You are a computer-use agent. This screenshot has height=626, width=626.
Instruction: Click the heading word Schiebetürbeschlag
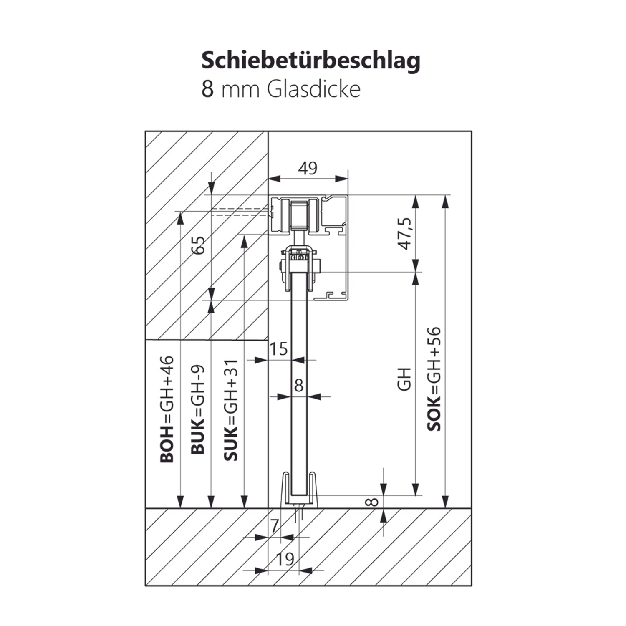pyautogui.click(x=310, y=61)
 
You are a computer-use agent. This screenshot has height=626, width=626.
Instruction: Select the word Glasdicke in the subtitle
pyautogui.click(x=313, y=89)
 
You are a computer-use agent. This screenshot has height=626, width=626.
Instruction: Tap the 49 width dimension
pyautogui.click(x=308, y=168)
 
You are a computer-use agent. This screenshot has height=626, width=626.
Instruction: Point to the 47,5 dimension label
pyautogui.click(x=405, y=234)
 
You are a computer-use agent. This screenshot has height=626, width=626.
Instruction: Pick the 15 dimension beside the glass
pyautogui.click(x=279, y=349)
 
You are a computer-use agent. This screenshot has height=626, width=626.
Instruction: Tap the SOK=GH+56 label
pyautogui.click(x=434, y=379)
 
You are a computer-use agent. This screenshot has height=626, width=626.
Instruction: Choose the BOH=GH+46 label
pyautogui.click(x=167, y=409)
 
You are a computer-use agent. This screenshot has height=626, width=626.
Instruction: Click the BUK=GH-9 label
pyautogui.click(x=198, y=409)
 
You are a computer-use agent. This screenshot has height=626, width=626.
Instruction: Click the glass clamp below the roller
pyautogui.click(x=299, y=267)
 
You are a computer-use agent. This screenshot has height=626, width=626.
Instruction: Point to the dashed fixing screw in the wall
pyautogui.click(x=240, y=212)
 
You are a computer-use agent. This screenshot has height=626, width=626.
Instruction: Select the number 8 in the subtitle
pyautogui.click(x=207, y=89)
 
